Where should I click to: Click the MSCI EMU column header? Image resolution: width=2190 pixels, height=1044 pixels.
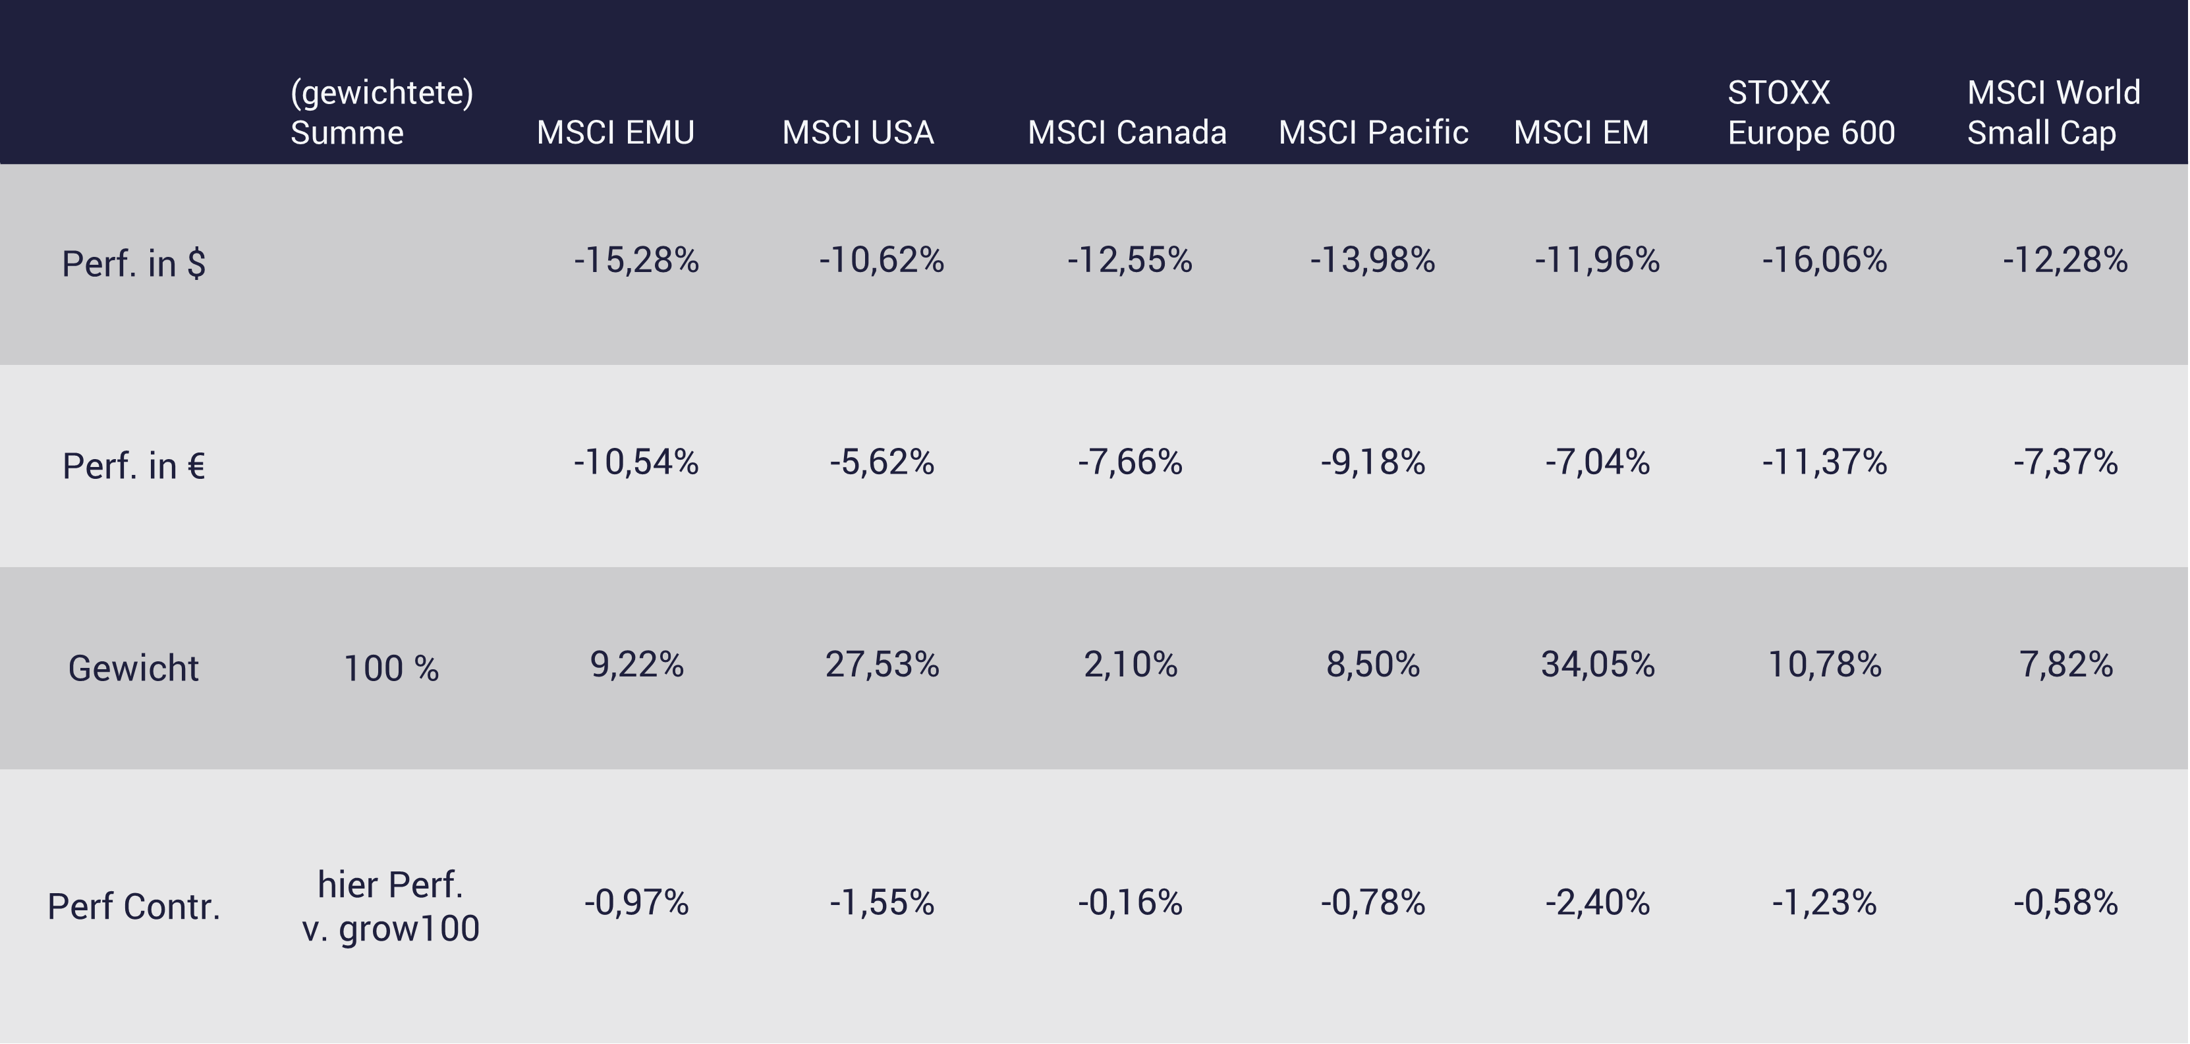tap(615, 132)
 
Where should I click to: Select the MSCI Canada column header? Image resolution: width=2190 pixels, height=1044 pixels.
tap(1127, 132)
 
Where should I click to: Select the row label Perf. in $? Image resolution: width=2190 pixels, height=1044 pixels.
tap(134, 263)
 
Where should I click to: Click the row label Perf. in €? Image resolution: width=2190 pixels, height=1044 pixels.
tap(134, 466)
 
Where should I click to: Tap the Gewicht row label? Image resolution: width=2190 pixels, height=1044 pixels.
tap(134, 669)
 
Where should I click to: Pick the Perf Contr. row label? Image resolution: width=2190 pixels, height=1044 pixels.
tap(134, 906)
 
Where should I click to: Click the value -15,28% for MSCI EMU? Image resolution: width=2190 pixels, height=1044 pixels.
tap(636, 260)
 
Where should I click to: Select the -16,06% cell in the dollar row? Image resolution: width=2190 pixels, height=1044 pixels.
tap(1824, 260)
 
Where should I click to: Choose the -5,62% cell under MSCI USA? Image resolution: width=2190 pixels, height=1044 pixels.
tap(882, 462)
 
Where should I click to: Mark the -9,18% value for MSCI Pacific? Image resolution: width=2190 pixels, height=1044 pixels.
tap(1372, 462)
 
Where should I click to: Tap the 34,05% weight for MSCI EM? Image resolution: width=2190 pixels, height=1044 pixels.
tap(1598, 665)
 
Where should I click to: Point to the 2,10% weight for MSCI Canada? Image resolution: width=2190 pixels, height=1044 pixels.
tap(1130, 665)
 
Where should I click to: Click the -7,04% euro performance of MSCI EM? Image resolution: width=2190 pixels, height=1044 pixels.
tap(1598, 462)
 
